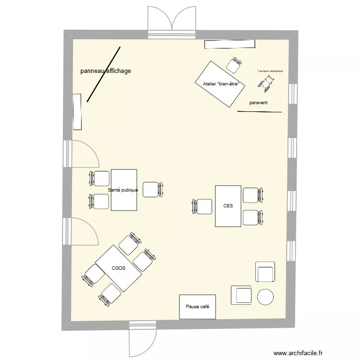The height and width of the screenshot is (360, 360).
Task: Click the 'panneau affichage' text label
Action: [x=106, y=71]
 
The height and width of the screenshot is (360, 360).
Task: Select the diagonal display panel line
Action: [x=103, y=74]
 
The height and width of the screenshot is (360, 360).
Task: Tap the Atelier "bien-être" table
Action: [x=220, y=84]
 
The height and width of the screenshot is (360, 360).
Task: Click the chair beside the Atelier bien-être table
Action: [x=235, y=64]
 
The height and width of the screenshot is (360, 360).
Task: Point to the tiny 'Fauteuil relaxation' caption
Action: [x=270, y=71]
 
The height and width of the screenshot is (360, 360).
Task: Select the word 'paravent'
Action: [x=258, y=103]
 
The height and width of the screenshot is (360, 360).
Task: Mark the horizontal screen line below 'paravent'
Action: [x=259, y=112]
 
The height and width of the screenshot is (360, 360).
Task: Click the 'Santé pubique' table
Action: [x=124, y=190]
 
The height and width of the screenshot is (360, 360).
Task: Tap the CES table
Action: [x=228, y=206]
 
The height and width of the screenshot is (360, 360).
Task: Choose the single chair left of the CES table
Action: [x=203, y=206]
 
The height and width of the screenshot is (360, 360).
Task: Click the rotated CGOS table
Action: [x=119, y=268]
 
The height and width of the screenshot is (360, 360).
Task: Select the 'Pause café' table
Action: [x=197, y=306]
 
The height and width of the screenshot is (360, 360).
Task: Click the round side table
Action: [x=266, y=297]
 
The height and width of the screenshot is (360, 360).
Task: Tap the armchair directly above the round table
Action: [x=265, y=272]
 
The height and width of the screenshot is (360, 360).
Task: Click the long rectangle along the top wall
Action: [x=229, y=44]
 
